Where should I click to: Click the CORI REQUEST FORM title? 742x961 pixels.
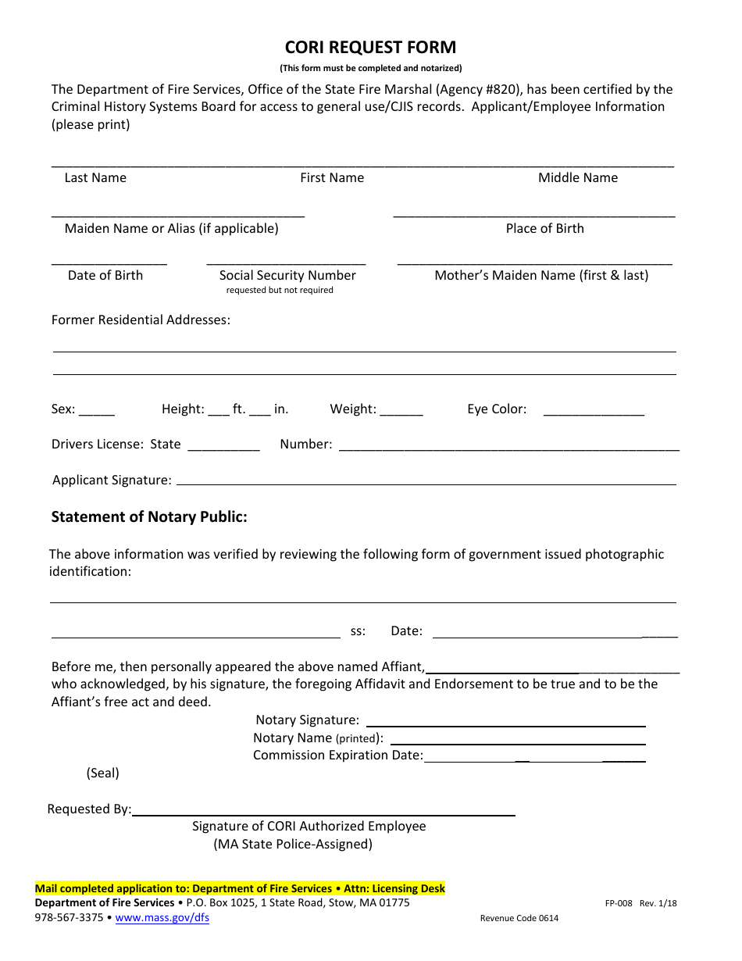point(370,48)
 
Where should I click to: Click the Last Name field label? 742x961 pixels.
point(95,178)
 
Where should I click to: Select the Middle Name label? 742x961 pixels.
point(577,178)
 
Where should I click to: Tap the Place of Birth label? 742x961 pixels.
point(544,228)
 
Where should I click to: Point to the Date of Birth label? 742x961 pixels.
point(105,275)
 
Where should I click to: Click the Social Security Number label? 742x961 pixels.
point(287,275)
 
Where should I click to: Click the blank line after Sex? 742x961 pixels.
point(97,413)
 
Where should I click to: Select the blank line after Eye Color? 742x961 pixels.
point(594,413)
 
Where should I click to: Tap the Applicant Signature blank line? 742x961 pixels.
point(426,483)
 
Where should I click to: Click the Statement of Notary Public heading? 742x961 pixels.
point(149,517)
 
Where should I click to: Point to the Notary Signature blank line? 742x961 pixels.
point(505,724)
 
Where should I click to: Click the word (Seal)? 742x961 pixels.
point(103,773)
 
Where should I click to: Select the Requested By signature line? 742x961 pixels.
point(323,813)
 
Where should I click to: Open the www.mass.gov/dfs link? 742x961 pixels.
point(162,918)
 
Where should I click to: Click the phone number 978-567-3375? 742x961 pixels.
point(69,918)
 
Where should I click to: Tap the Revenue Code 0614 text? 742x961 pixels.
point(519,919)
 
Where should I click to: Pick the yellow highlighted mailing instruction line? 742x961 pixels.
point(240,889)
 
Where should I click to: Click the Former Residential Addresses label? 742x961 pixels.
point(141,320)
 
